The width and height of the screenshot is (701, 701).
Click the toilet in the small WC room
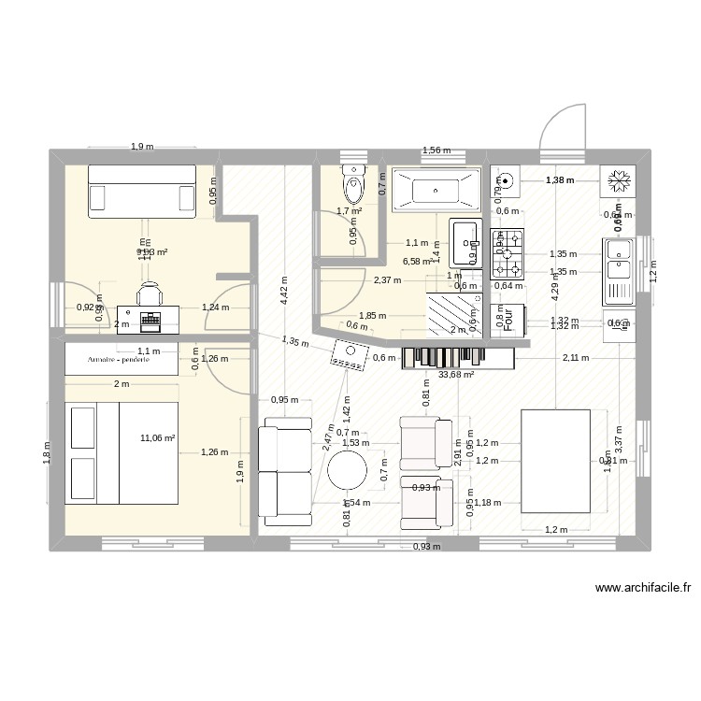point(354,185)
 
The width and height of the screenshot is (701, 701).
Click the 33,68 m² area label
point(455,375)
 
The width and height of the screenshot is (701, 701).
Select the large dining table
point(555,461)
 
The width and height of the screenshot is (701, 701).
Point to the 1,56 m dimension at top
point(436,150)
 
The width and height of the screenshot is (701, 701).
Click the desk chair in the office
point(150,295)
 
